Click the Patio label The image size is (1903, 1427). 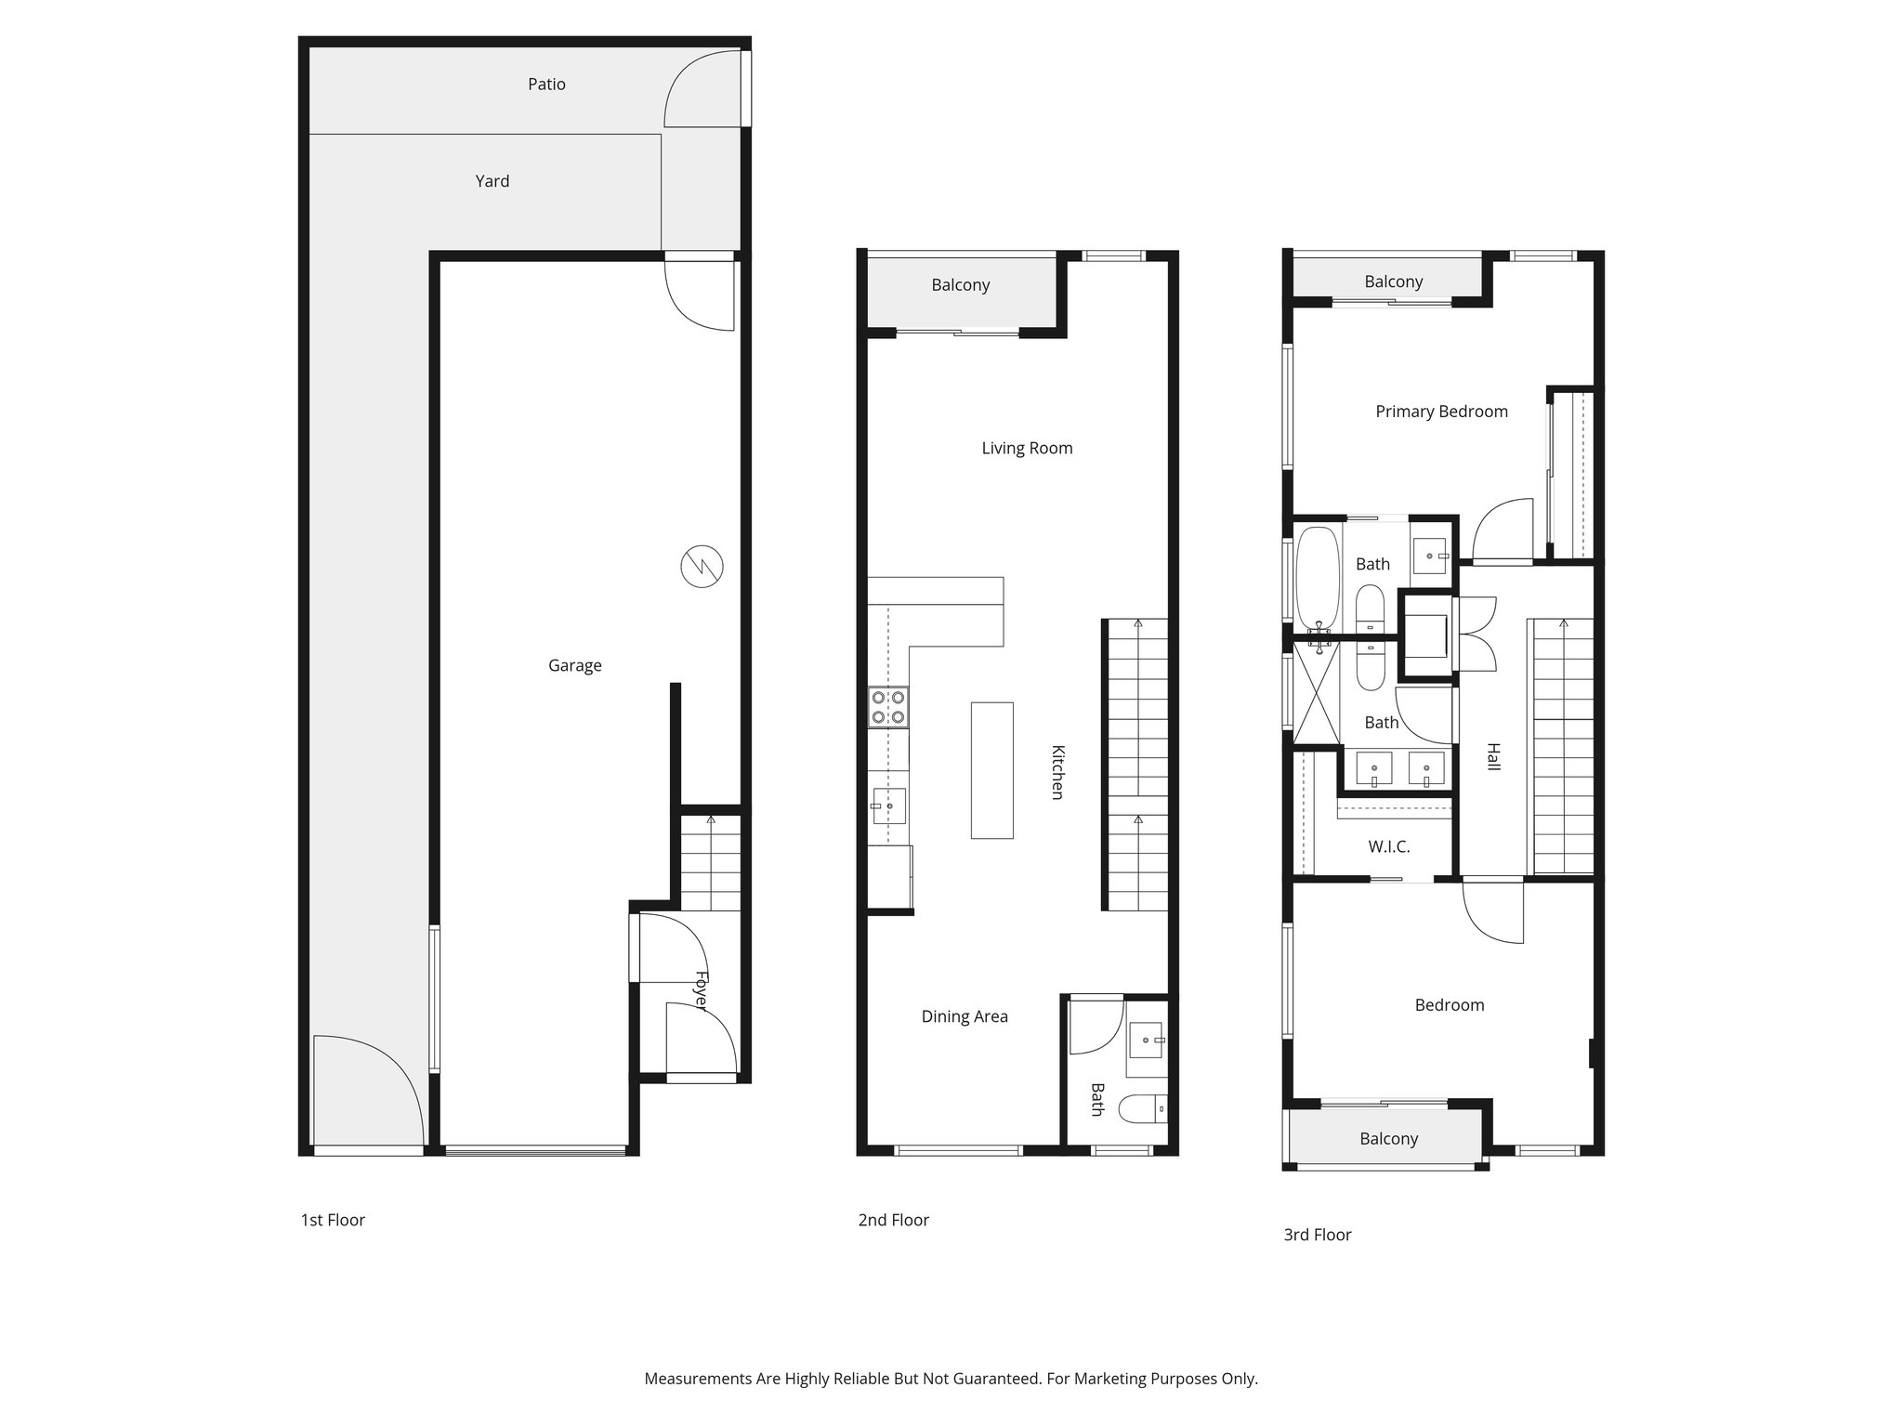pos(546,85)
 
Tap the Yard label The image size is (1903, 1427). pos(492,181)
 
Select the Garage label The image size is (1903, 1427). pos(574,665)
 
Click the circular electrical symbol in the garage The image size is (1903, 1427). pos(702,567)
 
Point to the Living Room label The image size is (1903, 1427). pos(1027,449)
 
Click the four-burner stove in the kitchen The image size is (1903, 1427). pos(888,707)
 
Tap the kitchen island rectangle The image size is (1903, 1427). pos(991,770)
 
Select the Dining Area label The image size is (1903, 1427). pos(964,1016)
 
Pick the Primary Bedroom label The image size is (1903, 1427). pos(1441,412)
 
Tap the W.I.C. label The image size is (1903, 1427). pos(1388,847)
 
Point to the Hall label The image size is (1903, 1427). pos(1493,756)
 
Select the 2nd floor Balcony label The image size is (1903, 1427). pos(960,285)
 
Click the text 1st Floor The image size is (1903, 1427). pos(333,1220)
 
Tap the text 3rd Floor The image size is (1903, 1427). pos(1317,1235)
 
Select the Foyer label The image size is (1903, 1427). pos(702,991)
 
